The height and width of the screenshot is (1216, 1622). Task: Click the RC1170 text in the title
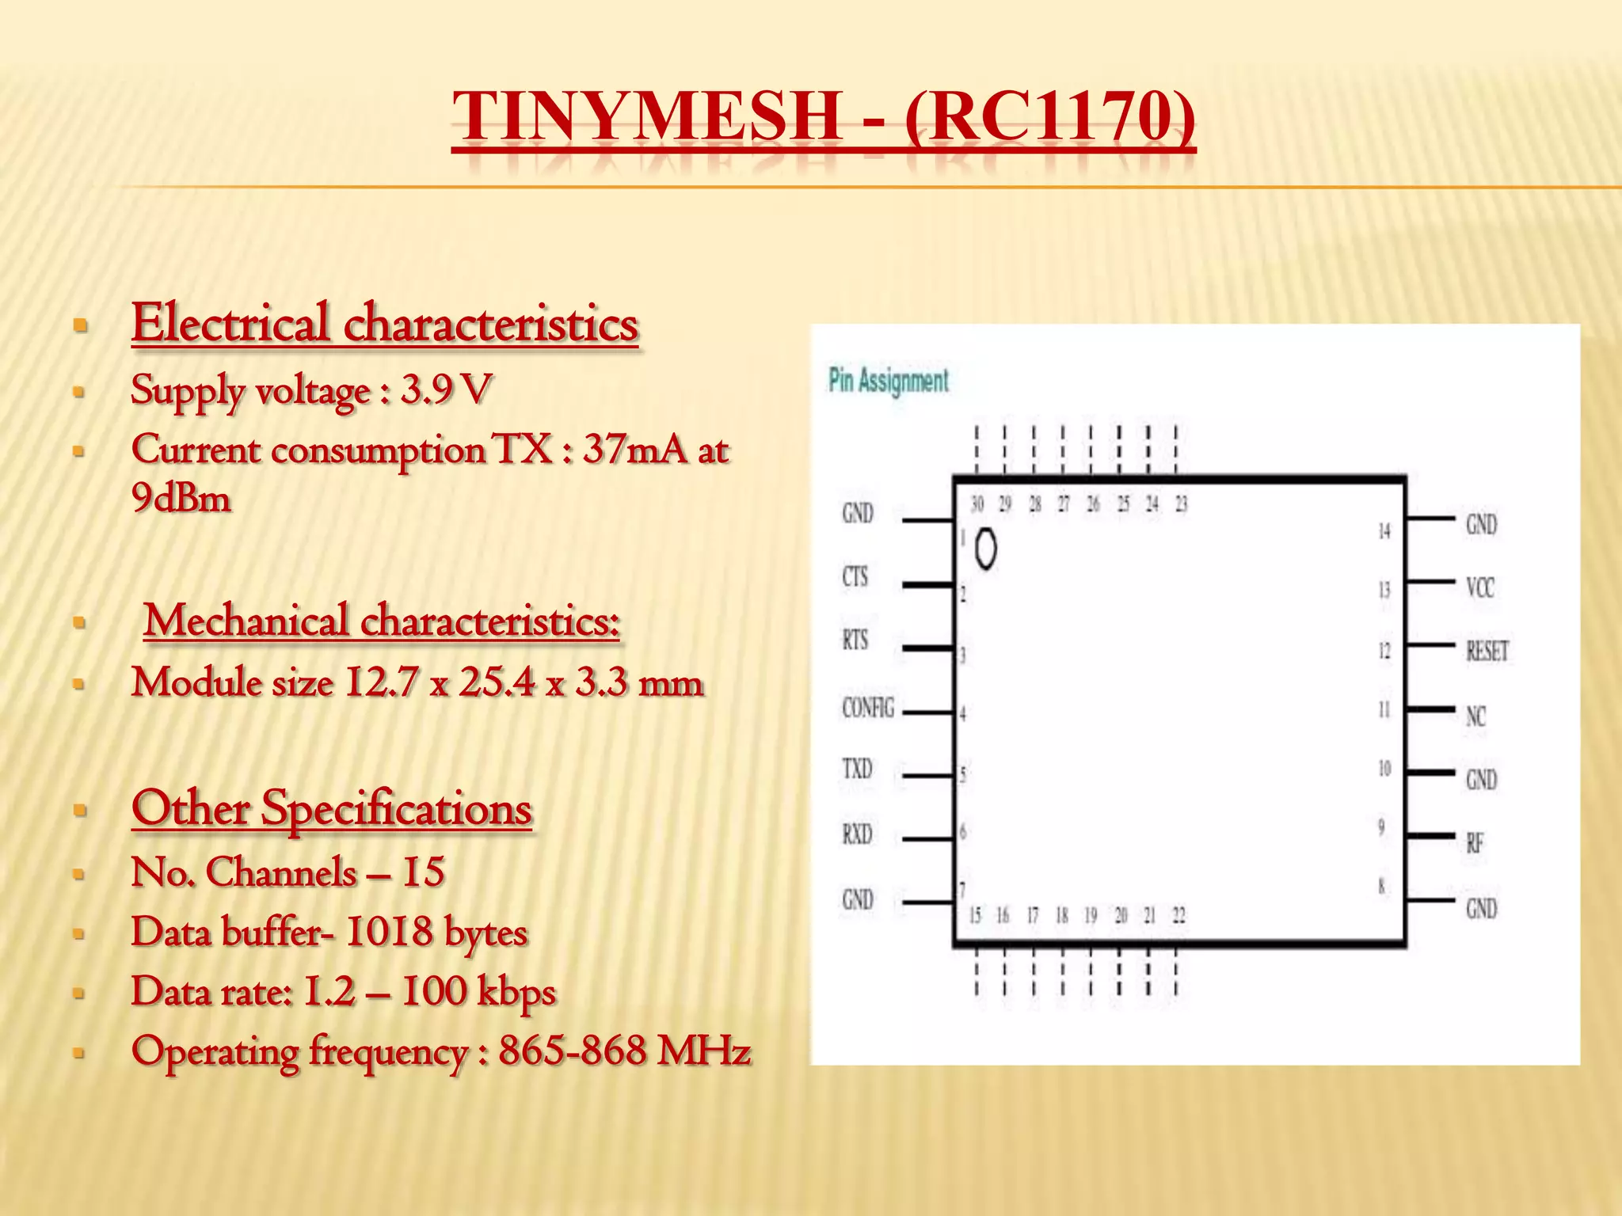pyautogui.click(x=1049, y=116)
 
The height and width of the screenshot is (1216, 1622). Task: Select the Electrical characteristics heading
pyautogui.click(x=385, y=324)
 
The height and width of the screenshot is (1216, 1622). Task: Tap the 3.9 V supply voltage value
pyautogui.click(x=446, y=389)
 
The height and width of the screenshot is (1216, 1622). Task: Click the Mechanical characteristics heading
pyautogui.click(x=381, y=620)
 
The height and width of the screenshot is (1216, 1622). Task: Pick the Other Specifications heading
pyautogui.click(x=332, y=808)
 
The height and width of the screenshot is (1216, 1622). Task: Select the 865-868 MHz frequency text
pyautogui.click(x=624, y=1051)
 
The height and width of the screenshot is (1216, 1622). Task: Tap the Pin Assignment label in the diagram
pyautogui.click(x=888, y=381)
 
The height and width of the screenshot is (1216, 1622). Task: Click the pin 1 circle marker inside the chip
pyautogui.click(x=985, y=549)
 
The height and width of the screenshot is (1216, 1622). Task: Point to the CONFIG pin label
pyautogui.click(x=867, y=707)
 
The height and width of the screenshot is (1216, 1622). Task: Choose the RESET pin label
pyautogui.click(x=1487, y=652)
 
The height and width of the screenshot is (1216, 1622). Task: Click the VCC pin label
pyautogui.click(x=1479, y=587)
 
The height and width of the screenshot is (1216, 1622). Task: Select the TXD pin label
pyautogui.click(x=857, y=769)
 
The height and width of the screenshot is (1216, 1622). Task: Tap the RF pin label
pyautogui.click(x=1474, y=843)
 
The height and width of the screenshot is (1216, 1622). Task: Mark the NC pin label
pyautogui.click(x=1475, y=716)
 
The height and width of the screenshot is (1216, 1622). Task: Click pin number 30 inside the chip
pyautogui.click(x=977, y=504)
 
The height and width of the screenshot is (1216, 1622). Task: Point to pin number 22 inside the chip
pyautogui.click(x=1178, y=916)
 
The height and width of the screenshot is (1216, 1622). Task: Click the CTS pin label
pyautogui.click(x=855, y=576)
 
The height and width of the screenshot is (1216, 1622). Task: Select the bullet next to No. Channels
pyautogui.click(x=78, y=875)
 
